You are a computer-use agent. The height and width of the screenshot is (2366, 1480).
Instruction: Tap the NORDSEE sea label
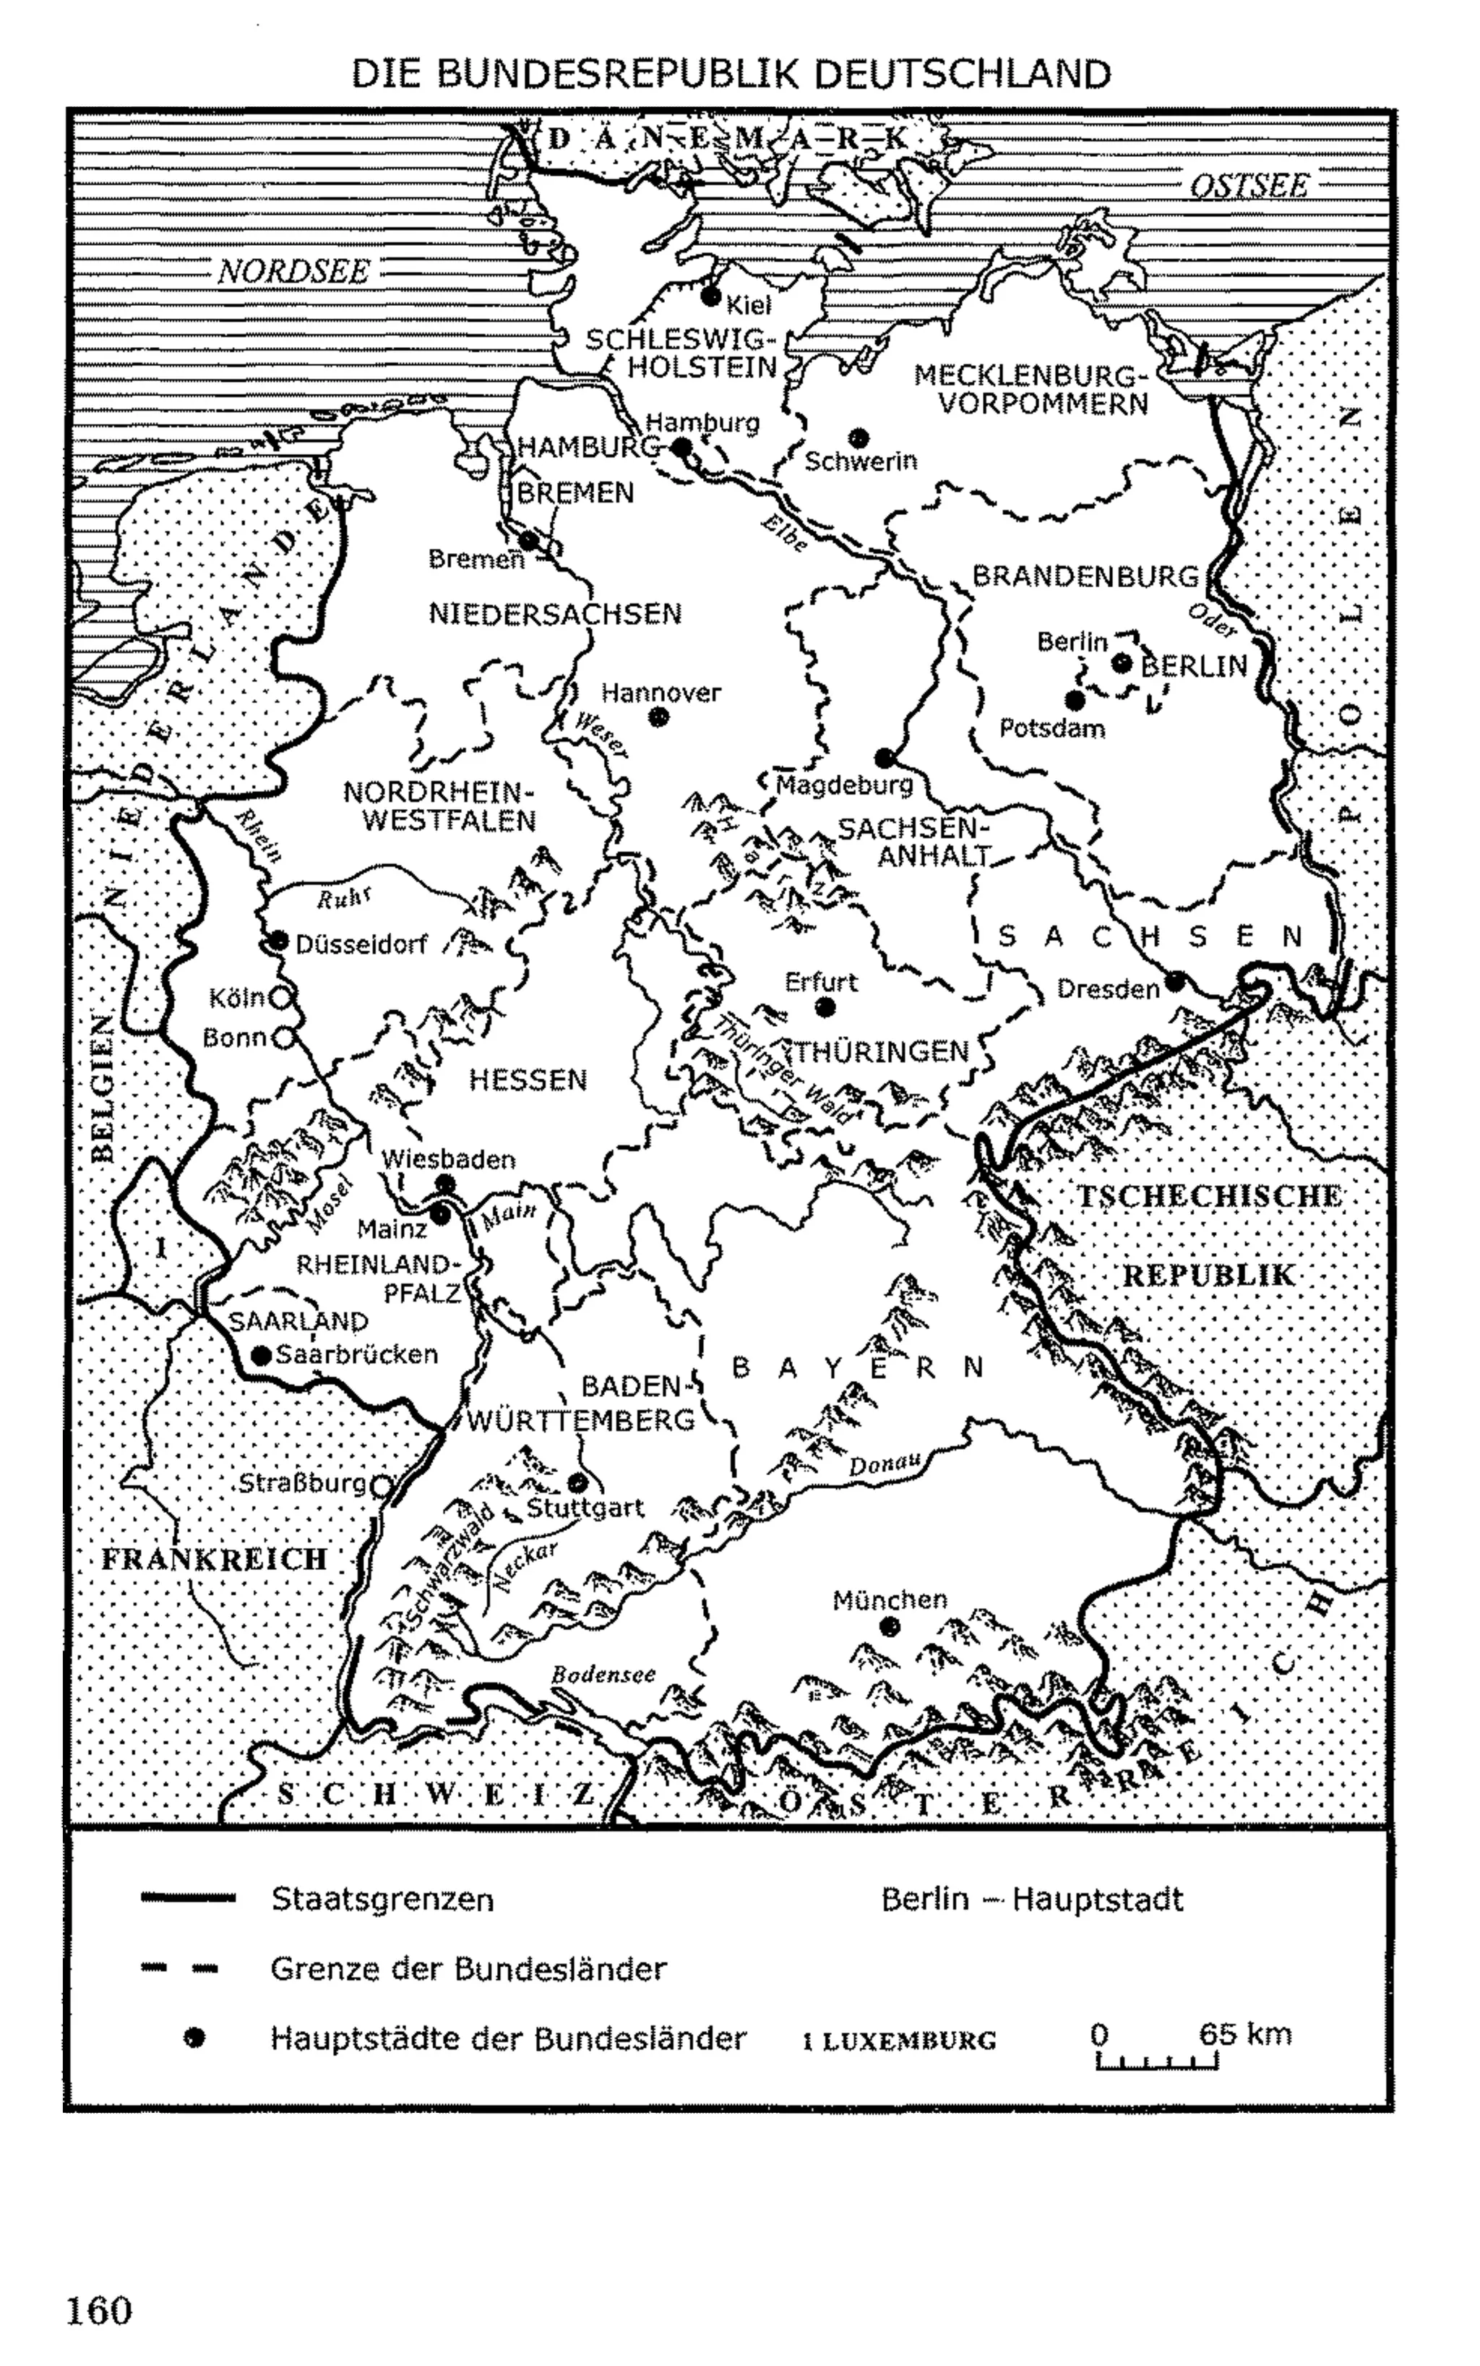[293, 271]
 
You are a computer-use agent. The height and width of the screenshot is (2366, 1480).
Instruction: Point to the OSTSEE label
[1248, 186]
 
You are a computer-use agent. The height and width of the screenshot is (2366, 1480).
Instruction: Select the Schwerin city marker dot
[859, 437]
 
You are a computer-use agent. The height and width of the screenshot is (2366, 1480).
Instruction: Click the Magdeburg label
[844, 785]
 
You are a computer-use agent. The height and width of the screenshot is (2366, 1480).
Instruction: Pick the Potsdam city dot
[1075, 700]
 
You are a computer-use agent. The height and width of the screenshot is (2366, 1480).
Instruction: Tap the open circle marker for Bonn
[282, 1037]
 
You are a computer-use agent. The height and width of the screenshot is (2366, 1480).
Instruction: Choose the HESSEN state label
[528, 1080]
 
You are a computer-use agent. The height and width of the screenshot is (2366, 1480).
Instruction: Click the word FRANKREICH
[215, 1559]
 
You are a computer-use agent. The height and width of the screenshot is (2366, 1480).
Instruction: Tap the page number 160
[99, 2310]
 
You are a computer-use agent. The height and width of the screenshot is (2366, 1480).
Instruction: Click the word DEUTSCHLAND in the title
[962, 74]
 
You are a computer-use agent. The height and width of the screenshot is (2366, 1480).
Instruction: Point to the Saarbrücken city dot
[260, 1355]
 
